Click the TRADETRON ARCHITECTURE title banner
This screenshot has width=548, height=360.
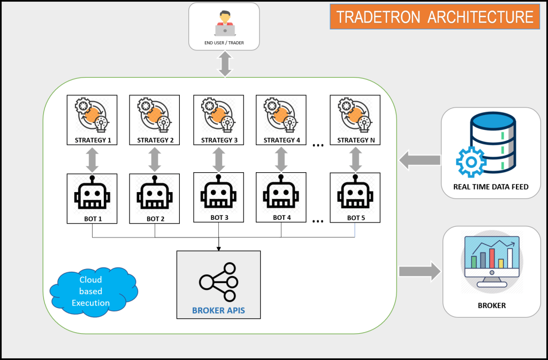coord(435,17)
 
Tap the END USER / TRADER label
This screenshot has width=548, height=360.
coord(224,42)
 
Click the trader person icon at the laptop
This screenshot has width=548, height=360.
coord(224,23)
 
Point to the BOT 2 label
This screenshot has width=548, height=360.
coord(155,218)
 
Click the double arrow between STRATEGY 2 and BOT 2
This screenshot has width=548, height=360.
coord(155,159)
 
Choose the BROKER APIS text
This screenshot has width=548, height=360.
coord(218,310)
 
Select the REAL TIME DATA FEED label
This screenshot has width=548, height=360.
coord(490,187)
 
